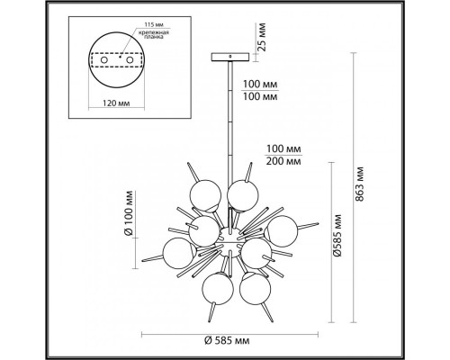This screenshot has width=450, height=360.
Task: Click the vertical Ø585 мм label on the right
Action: pyautogui.click(x=337, y=243)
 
